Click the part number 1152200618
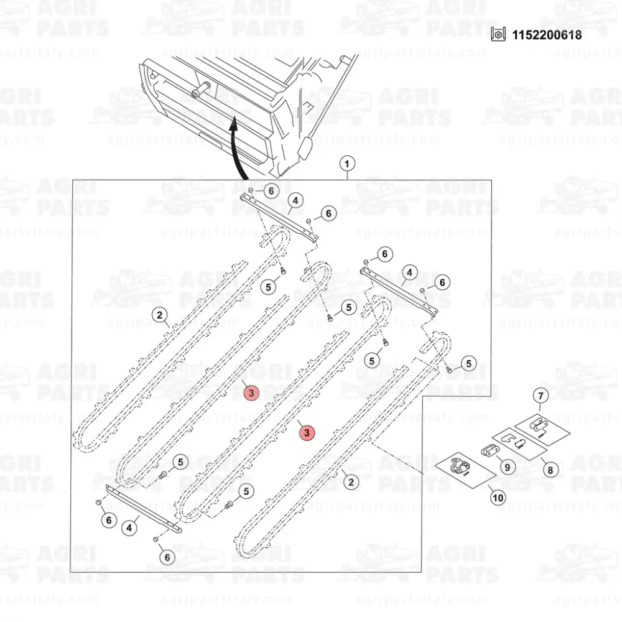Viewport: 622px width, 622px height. coord(547,34)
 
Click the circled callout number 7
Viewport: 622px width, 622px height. coord(540,396)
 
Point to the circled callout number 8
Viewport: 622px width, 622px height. coord(550,471)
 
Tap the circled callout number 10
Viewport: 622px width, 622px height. coord(498,497)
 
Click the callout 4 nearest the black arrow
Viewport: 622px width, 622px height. coord(295,200)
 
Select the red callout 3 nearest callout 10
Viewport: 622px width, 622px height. coord(307,432)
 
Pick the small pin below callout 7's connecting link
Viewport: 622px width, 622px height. coord(543,435)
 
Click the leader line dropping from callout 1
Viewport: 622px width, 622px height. coord(347,175)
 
